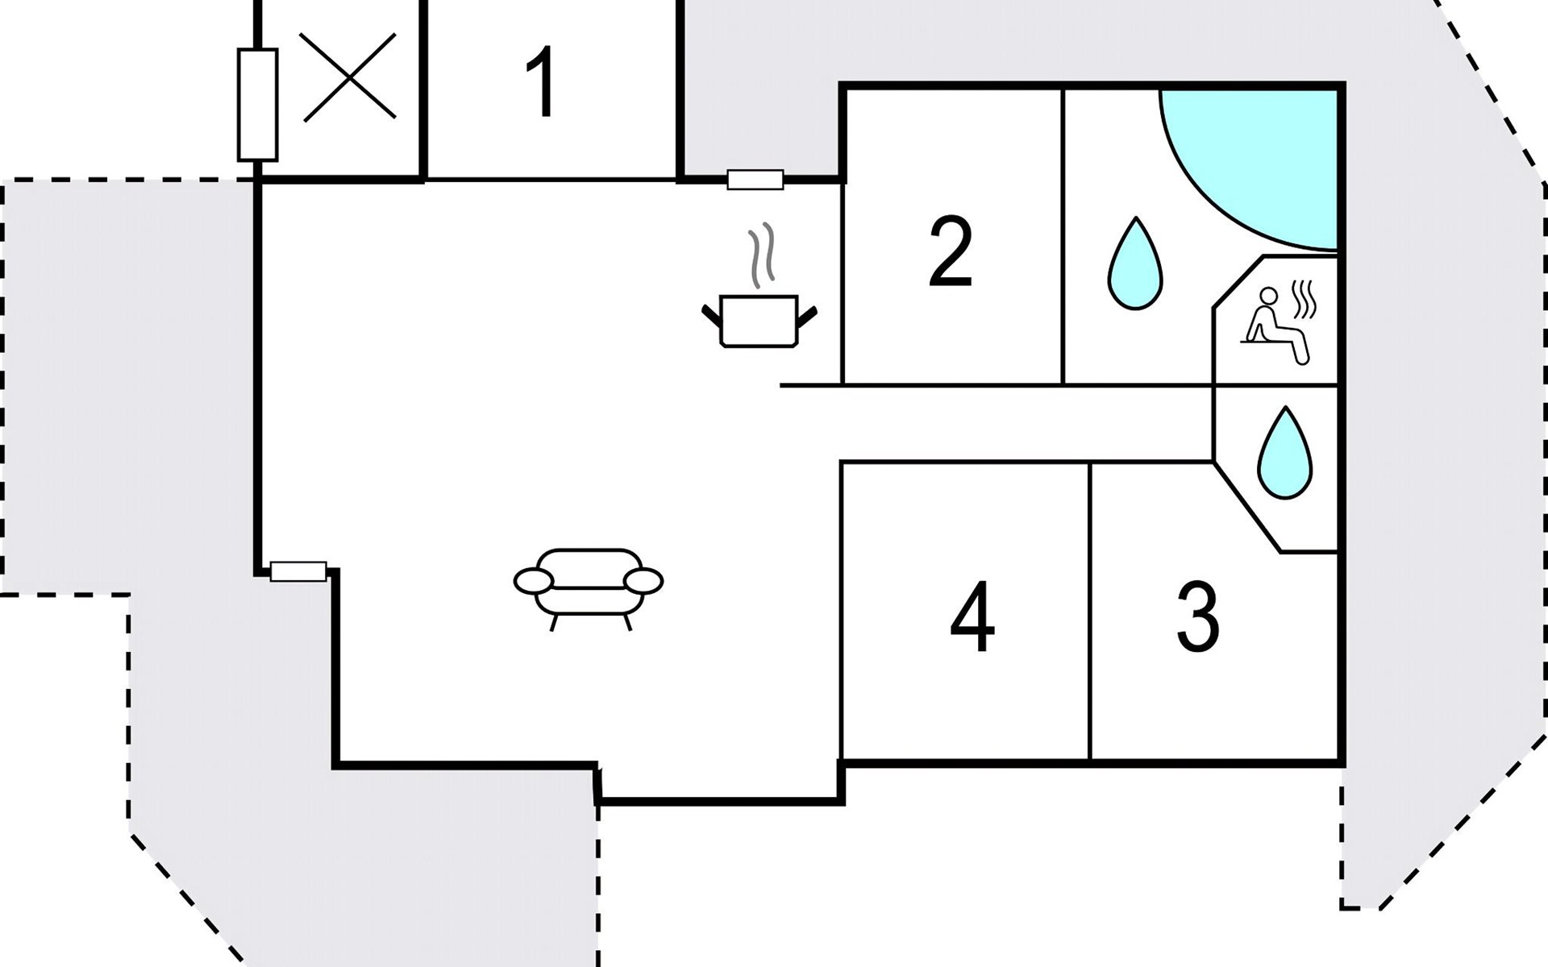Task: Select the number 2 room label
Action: pyautogui.click(x=951, y=251)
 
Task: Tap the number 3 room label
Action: pyautogui.click(x=1197, y=618)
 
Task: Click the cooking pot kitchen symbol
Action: pyautogui.click(x=758, y=321)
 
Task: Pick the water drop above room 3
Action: pyautogui.click(x=1284, y=454)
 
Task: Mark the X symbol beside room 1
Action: pyautogui.click(x=349, y=77)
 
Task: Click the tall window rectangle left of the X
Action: pyautogui.click(x=257, y=105)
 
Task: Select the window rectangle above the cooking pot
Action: pyautogui.click(x=755, y=180)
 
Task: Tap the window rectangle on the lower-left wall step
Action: pyautogui.click(x=298, y=572)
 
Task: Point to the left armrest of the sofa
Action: pyautogui.click(x=533, y=580)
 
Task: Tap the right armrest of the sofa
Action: pyautogui.click(x=643, y=580)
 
